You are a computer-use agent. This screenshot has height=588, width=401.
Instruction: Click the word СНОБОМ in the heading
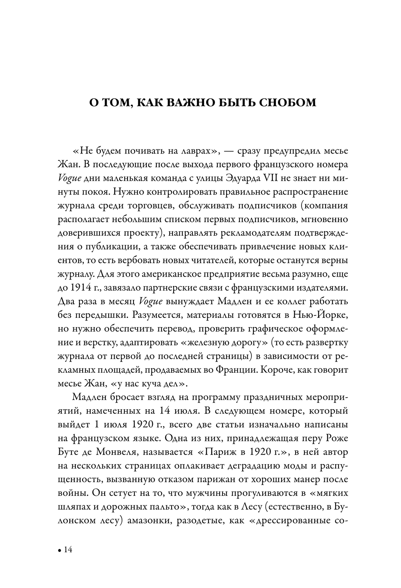pos(286,102)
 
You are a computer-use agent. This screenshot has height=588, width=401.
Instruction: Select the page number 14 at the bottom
pos(67,550)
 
